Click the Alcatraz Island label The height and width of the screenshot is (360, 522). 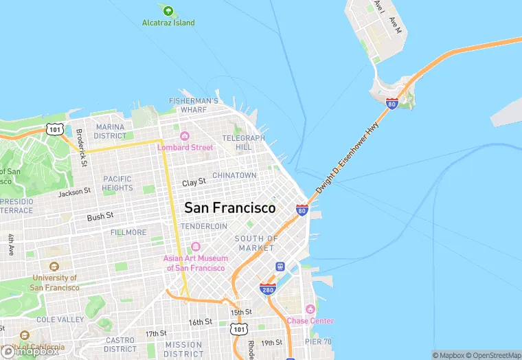(168, 23)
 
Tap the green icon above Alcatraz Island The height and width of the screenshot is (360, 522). (168, 10)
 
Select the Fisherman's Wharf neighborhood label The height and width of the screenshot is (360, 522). (194, 105)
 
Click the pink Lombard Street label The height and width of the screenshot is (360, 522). (185, 147)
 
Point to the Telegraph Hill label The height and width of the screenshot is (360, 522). (243, 142)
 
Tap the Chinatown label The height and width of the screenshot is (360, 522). (234, 176)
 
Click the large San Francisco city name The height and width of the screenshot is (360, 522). (229, 207)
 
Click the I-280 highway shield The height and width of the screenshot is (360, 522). (268, 289)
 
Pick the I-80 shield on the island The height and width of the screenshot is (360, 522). (391, 104)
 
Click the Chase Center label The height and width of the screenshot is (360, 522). (310, 321)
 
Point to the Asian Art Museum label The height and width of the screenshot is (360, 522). (194, 263)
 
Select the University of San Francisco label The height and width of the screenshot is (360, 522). (55, 282)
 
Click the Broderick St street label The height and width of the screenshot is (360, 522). (81, 147)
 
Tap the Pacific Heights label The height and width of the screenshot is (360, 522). (117, 183)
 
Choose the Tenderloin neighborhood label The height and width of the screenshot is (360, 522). (203, 226)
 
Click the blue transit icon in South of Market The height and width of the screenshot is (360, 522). (280, 267)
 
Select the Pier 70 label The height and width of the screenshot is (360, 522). (319, 341)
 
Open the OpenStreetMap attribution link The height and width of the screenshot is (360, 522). (492, 355)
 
